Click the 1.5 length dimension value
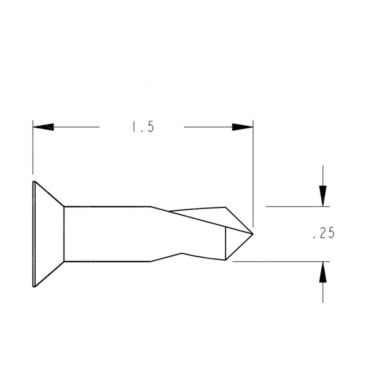[143, 127]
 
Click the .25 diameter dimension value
[323, 234]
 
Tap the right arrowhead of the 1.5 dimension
[243, 127]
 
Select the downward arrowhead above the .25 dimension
[323, 196]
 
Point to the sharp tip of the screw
[253, 234]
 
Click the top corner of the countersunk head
[34, 182]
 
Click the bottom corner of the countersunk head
[34, 286]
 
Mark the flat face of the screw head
[33, 234]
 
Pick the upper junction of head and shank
[64, 206]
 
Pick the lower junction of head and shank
[64, 261]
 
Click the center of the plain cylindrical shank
[108, 234]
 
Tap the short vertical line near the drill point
[225, 244]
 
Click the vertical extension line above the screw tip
[253, 172]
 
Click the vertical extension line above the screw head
[33, 151]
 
